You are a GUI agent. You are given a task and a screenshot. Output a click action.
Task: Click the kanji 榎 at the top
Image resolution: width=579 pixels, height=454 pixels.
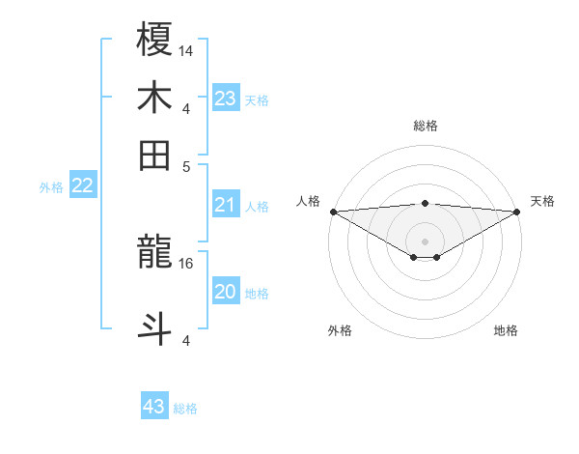point(155,40)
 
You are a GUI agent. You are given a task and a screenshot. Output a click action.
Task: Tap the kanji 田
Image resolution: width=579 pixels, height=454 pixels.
point(155,155)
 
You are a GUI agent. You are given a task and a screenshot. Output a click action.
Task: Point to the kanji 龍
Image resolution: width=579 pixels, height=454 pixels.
point(155,253)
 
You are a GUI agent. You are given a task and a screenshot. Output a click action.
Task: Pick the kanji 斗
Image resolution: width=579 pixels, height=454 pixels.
point(155,326)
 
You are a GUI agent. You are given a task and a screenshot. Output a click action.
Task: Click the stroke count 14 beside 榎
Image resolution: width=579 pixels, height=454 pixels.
point(186,50)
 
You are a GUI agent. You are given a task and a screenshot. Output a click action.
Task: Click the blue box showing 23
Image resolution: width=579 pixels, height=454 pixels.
point(226,99)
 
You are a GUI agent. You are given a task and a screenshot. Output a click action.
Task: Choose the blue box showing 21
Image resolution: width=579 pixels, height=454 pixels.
point(226,205)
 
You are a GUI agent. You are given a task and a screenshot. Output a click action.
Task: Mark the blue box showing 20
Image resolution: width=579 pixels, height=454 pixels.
point(226,292)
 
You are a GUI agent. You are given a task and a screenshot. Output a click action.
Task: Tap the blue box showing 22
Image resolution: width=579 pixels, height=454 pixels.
point(82,186)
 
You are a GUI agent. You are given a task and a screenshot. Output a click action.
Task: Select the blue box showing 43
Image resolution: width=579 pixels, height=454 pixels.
point(154,407)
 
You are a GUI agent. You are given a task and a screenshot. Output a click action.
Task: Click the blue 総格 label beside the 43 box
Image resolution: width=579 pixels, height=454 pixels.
point(185,409)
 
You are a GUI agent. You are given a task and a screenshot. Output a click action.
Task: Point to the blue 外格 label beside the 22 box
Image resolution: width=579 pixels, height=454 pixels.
point(51,187)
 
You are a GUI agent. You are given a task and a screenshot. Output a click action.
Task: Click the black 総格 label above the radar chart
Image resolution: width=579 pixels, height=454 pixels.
point(425,127)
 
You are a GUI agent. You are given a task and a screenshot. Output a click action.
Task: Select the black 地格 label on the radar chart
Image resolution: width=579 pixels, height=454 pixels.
point(506,331)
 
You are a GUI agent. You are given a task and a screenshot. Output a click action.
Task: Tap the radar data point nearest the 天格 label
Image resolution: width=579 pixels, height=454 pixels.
point(517,212)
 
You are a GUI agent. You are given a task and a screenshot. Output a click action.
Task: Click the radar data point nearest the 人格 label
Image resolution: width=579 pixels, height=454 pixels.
point(333,212)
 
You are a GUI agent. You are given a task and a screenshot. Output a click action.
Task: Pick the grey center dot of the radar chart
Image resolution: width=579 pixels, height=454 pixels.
point(425,241)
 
